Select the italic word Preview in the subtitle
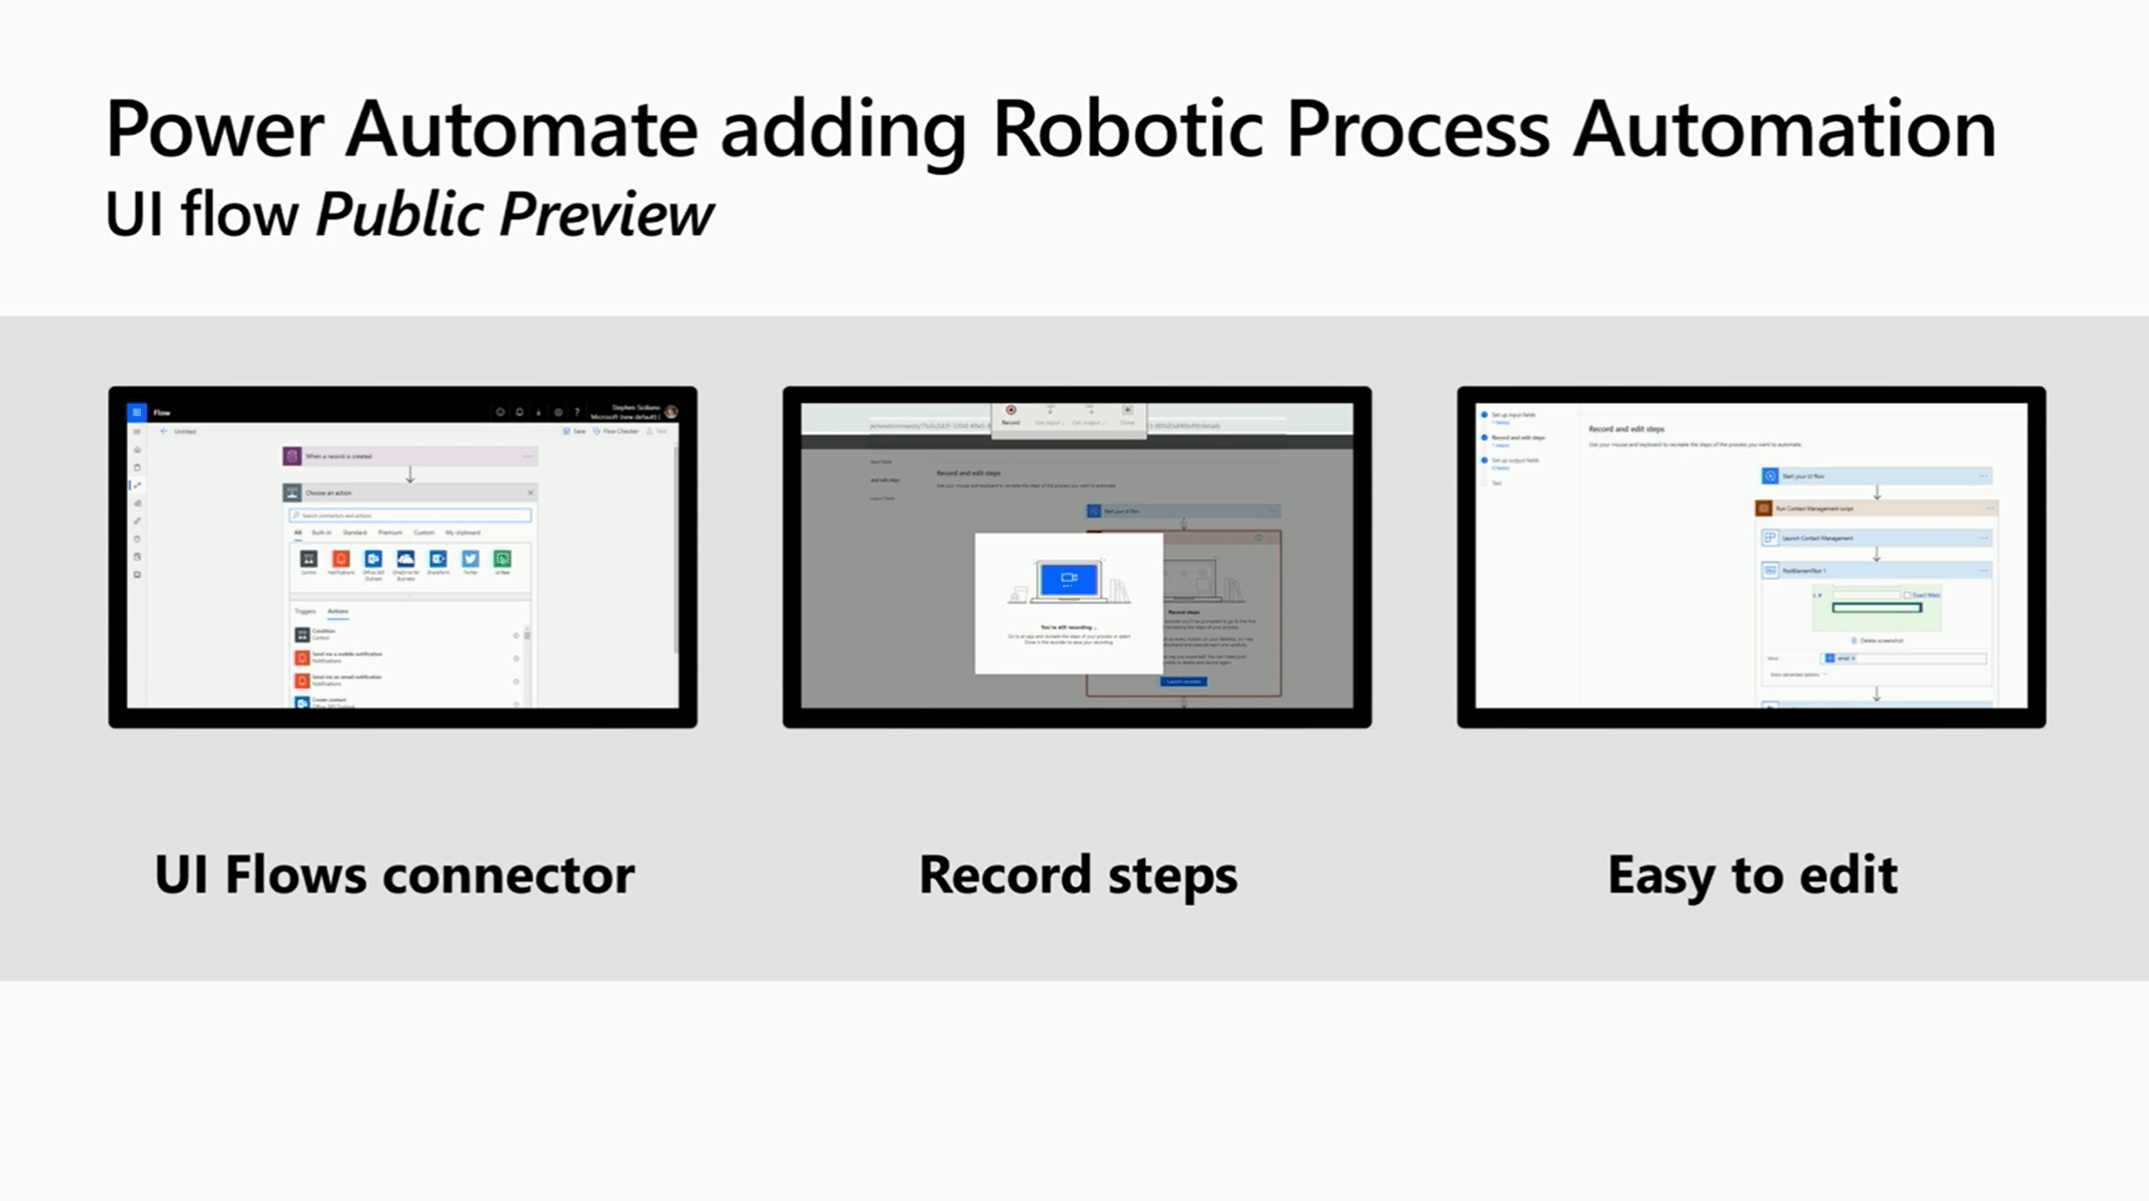point(606,214)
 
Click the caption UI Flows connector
point(393,874)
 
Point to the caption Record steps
point(1077,874)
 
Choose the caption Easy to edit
point(1752,874)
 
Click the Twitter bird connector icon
point(471,559)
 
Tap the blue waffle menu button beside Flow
point(137,412)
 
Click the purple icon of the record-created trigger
point(292,456)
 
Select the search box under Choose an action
point(411,515)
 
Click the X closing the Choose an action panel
point(531,492)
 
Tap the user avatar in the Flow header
point(672,412)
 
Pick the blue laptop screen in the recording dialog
point(1069,578)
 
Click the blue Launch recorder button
point(1184,681)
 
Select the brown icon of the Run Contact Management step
point(1764,509)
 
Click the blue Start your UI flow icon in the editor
point(1770,475)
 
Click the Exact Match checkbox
point(1906,595)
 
